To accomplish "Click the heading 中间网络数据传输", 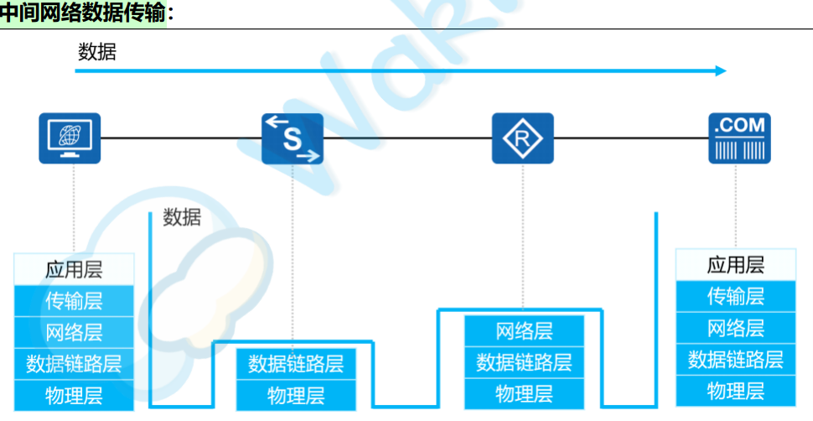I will click(84, 13).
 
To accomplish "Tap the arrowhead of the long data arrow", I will click(722, 71).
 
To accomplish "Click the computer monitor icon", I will click(70, 138).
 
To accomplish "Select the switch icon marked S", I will click(293, 138).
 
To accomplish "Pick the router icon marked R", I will click(522, 138).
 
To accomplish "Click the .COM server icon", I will click(739, 138).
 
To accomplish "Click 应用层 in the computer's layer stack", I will click(74, 270).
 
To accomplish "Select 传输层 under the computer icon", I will click(74, 300).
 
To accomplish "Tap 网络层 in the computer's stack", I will click(74, 332).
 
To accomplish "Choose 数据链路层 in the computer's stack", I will click(74, 364).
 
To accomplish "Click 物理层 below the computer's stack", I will click(74, 396).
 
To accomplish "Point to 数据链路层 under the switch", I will click(296, 364).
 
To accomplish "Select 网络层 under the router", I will click(524, 330).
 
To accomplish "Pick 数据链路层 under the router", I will click(524, 362).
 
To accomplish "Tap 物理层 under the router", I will click(524, 394).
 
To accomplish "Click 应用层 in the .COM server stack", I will click(736, 266).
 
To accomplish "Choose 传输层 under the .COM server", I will click(736, 296).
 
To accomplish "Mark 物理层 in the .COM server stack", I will click(736, 391).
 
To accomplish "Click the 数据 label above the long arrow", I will click(97, 52).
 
